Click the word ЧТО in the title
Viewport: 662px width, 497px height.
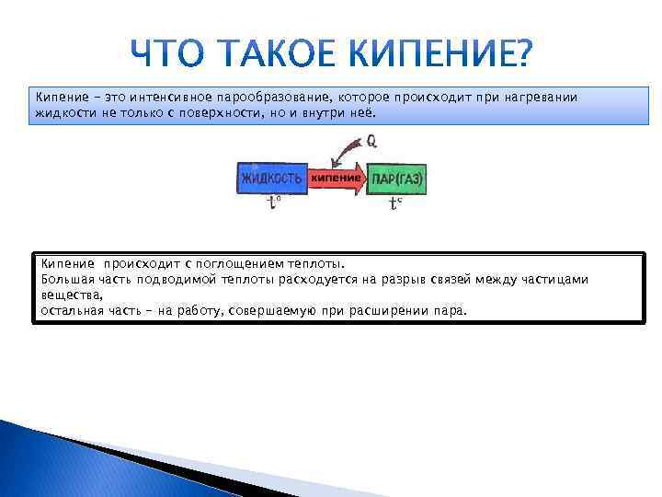[x=179, y=56]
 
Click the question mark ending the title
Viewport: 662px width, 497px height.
[x=519, y=56]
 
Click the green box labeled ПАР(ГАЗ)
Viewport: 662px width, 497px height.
[x=397, y=177]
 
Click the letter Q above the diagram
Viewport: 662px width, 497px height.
[x=371, y=142]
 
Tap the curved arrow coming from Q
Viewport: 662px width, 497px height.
[x=348, y=148]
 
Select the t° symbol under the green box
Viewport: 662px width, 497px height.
[x=395, y=203]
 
